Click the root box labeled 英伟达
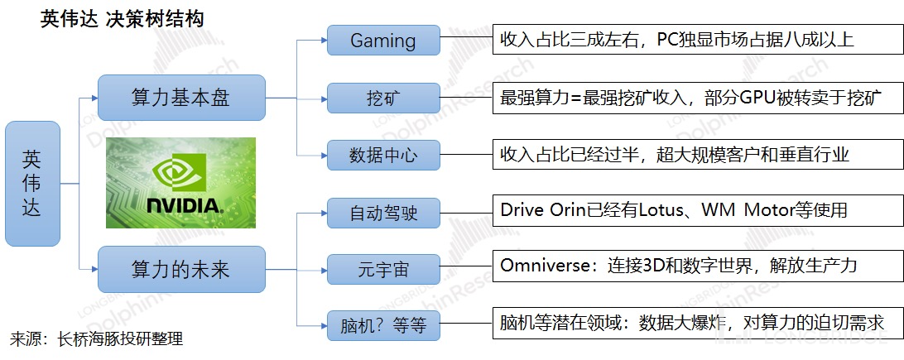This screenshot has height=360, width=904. point(32,183)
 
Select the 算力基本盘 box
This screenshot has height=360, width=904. point(181,98)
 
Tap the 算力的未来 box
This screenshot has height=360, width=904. point(181,269)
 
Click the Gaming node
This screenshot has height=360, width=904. point(382,40)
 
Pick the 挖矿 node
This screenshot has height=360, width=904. point(382,98)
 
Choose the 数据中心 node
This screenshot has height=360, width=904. point(382,154)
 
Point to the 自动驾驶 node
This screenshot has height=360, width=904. point(382,213)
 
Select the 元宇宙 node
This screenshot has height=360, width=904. point(382,269)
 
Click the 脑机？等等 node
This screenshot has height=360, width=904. point(382,324)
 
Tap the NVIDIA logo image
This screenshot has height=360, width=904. point(180,183)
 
